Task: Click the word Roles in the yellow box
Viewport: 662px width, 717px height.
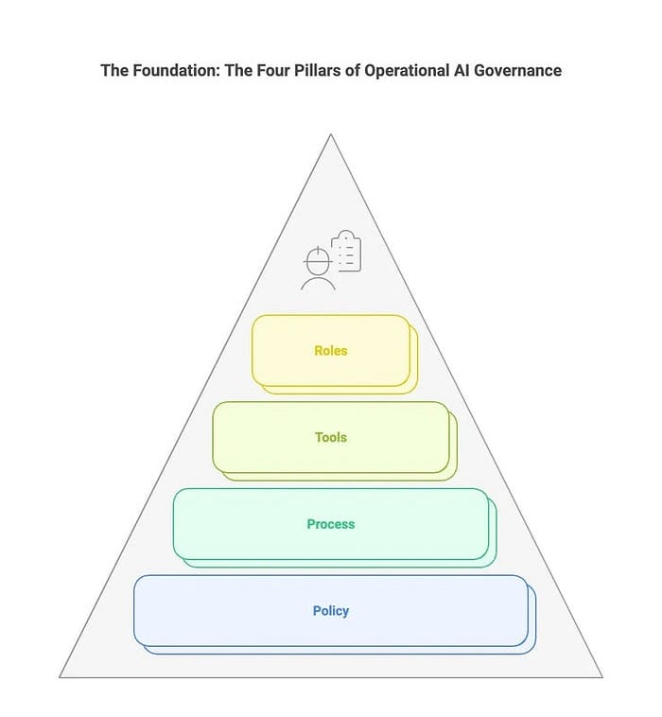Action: coord(331,350)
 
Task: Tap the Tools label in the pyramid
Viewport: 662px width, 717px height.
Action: coord(331,437)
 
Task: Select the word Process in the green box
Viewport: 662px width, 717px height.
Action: coord(331,524)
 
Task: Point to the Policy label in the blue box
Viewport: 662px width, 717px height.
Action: coord(331,611)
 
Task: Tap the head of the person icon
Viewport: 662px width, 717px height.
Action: coord(318,258)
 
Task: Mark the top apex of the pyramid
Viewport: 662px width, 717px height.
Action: coord(331,134)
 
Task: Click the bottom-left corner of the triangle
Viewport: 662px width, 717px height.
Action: coord(60,677)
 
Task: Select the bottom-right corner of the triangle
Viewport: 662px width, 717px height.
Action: coord(602,677)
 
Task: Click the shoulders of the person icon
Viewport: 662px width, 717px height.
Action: coord(318,282)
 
